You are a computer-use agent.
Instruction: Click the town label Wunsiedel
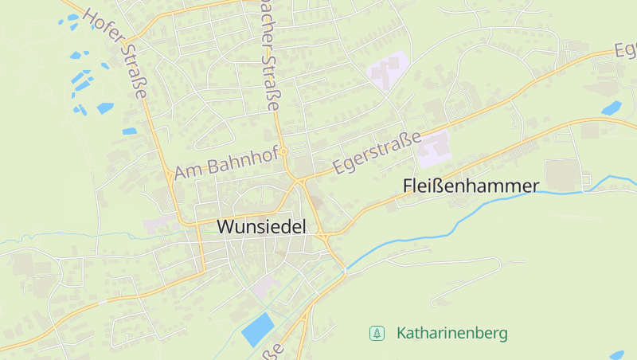261,227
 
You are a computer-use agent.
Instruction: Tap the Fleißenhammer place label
471,186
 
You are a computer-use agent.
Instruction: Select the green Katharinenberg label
451,333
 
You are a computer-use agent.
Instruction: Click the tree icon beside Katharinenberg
377,333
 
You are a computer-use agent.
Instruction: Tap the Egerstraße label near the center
377,154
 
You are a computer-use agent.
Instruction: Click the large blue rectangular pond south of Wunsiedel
256,328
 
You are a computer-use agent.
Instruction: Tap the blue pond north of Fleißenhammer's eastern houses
611,108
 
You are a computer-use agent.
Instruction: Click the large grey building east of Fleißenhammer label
562,173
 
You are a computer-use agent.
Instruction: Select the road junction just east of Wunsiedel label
322,237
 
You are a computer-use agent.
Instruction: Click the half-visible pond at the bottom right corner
617,355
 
